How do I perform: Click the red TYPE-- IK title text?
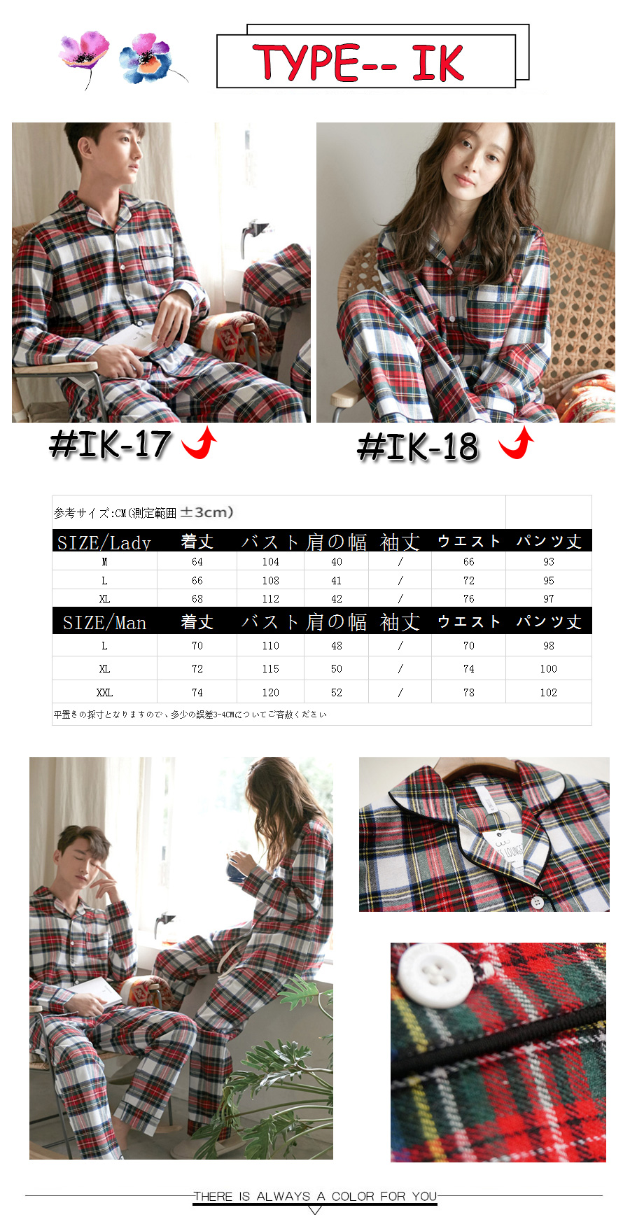tap(358, 62)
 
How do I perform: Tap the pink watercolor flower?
tap(85, 51)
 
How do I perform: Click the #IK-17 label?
tap(111, 444)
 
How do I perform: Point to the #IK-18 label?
tap(418, 446)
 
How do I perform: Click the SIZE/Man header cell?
tap(104, 622)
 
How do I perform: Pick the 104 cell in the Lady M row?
tap(271, 562)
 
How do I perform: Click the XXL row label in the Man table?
tap(104, 693)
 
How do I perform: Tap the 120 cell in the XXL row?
tap(271, 693)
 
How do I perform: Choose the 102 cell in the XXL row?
tap(549, 693)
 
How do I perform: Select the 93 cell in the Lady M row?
tap(549, 562)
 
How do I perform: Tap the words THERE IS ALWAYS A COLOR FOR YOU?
tap(316, 1196)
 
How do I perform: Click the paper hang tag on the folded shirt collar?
tap(505, 845)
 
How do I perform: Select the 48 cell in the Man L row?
tap(337, 646)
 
